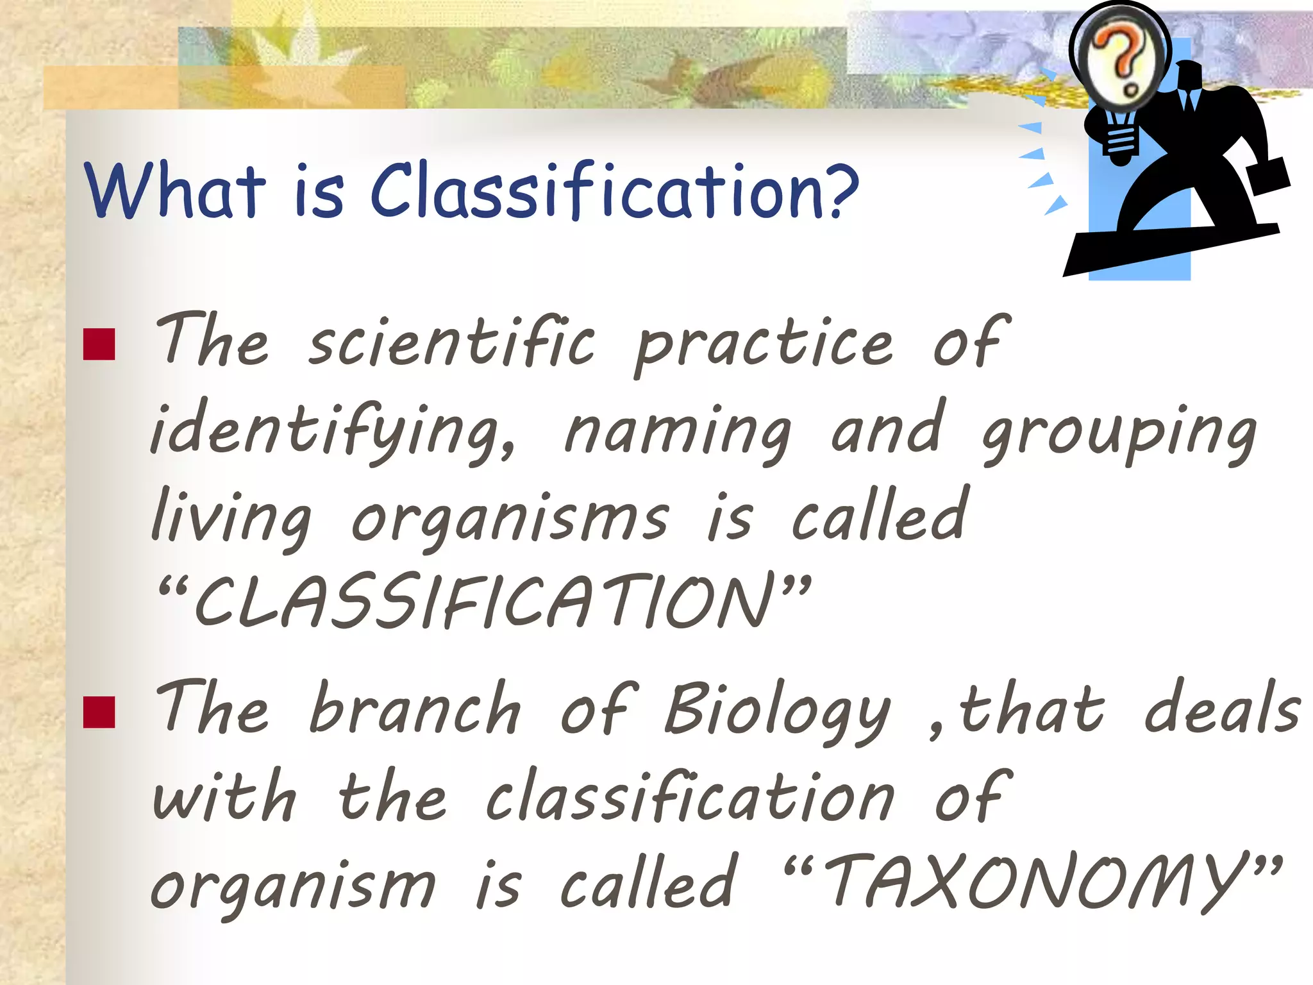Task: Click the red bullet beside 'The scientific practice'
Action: click(x=99, y=344)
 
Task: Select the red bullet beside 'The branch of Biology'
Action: click(x=99, y=712)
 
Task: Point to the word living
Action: click(x=231, y=518)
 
